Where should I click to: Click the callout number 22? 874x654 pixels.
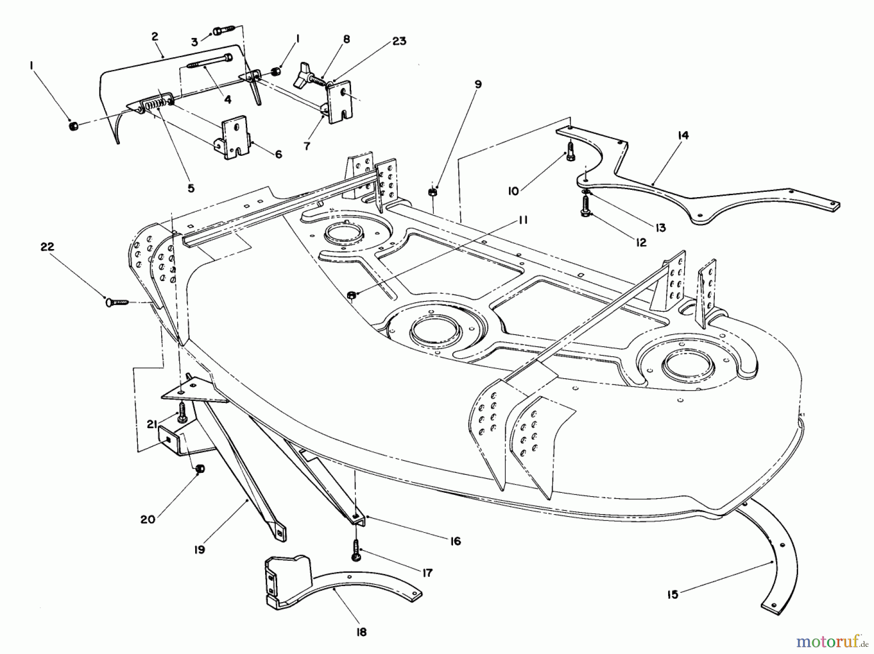(x=47, y=247)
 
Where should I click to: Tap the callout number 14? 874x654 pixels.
(x=683, y=135)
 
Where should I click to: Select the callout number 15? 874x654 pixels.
(x=672, y=594)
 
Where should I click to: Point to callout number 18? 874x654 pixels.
(x=361, y=632)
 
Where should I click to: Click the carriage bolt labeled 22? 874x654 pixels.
(x=116, y=302)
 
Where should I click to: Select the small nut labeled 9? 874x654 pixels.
(x=431, y=192)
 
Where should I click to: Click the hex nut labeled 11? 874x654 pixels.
(x=353, y=295)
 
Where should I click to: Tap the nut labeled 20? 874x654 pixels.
(x=200, y=469)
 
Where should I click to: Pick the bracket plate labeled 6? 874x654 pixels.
(x=233, y=137)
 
